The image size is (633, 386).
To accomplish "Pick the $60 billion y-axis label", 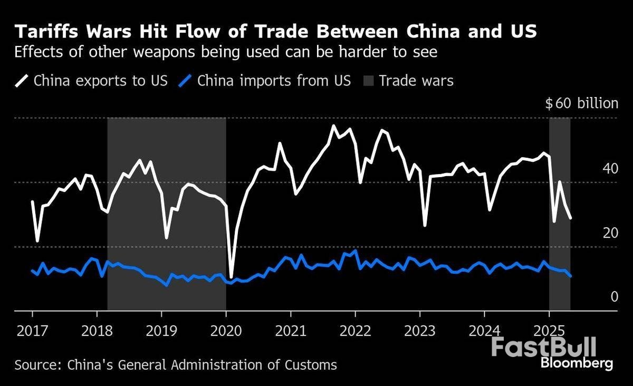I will pyautogui.click(x=581, y=103).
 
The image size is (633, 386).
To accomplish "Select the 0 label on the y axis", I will pyautogui.click(x=613, y=297).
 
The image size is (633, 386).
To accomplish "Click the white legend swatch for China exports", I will pyautogui.click(x=22, y=81).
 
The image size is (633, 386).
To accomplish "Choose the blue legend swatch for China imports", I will pyautogui.click(x=185, y=81).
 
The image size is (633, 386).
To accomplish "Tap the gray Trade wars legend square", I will pyautogui.click(x=368, y=81).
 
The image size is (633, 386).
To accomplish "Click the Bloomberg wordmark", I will pyautogui.click(x=577, y=363).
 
